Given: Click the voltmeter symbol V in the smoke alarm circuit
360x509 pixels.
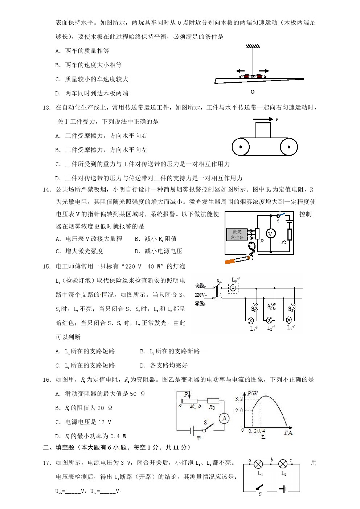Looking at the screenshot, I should click(x=270, y=234).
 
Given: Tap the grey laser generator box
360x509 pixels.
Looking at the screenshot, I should click(x=237, y=234).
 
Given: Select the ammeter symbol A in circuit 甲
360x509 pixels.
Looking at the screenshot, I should click(x=224, y=419).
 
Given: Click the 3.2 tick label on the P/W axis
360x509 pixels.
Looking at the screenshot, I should click(x=239, y=399).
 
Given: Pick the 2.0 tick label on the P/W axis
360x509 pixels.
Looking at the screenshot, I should click(x=239, y=410).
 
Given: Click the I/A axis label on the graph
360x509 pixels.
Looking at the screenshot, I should click(x=288, y=432).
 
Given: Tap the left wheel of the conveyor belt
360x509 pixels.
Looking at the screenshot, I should click(x=241, y=147).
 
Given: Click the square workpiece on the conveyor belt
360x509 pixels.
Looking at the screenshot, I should click(x=263, y=130).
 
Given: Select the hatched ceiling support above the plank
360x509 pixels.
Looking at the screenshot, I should click(x=253, y=46).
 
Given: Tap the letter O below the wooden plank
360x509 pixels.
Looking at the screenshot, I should click(x=253, y=92).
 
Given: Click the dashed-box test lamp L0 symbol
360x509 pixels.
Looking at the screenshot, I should click(x=233, y=288).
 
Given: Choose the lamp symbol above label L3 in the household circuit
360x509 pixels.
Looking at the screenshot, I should click(x=289, y=320).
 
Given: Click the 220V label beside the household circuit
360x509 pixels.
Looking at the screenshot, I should click(x=200, y=295).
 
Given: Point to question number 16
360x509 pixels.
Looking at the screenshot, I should click(x=47, y=380).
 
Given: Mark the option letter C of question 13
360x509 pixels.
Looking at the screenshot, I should click(x=58, y=164).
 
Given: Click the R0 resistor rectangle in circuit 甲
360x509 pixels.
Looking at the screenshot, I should click(x=213, y=401).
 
